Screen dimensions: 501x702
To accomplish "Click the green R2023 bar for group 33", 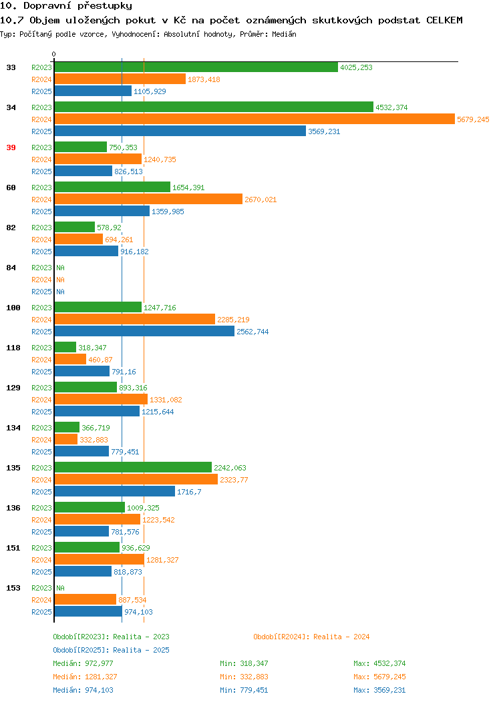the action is (196, 67).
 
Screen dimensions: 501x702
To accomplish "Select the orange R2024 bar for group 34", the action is (255, 119).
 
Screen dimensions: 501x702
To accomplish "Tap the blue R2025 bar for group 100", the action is (144, 331).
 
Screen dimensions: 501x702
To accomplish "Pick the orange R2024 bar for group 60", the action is (148, 200).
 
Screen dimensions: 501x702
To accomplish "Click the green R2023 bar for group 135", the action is (133, 467).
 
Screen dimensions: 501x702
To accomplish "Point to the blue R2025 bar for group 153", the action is (88, 611).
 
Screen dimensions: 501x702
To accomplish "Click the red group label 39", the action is (11, 147).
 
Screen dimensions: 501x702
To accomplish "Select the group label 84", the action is (11, 268).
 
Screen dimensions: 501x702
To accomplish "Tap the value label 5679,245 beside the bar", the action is (473, 119).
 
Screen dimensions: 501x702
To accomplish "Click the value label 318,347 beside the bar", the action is (92, 348).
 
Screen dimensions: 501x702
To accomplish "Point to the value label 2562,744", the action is (253, 332).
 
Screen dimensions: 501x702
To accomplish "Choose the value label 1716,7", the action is (189, 492).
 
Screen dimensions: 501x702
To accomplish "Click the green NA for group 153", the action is (61, 588).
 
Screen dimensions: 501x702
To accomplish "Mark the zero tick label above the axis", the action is (54, 55).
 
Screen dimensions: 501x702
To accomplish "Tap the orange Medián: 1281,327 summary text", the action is (85, 677).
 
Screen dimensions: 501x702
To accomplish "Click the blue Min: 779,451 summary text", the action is (244, 690).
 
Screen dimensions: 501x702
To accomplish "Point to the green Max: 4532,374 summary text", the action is (379, 663).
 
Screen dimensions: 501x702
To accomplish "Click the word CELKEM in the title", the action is (444, 20).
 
